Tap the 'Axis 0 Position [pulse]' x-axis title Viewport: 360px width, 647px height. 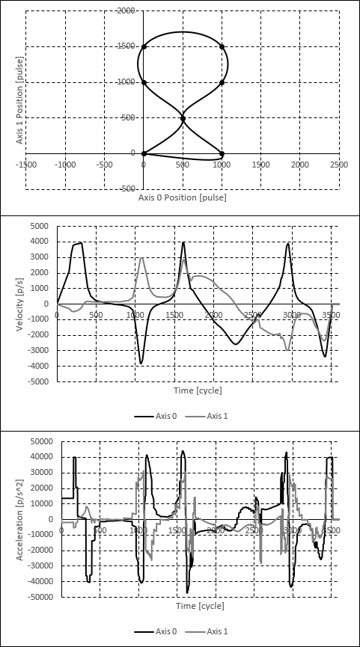[182, 198]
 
